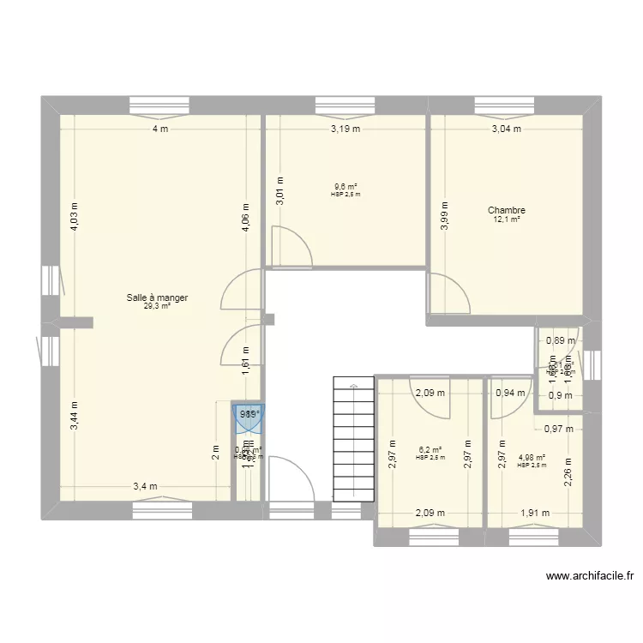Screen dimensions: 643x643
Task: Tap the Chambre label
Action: pyautogui.click(x=506, y=210)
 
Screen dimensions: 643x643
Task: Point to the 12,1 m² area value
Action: pyautogui.click(x=506, y=219)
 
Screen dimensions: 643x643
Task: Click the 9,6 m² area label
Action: pyautogui.click(x=346, y=187)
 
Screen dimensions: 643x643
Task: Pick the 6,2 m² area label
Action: pyautogui.click(x=430, y=449)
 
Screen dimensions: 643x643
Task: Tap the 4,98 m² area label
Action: pyautogui.click(x=532, y=457)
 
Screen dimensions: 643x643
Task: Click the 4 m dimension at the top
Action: pyautogui.click(x=159, y=129)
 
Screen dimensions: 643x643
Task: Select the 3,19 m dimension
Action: pyautogui.click(x=346, y=129)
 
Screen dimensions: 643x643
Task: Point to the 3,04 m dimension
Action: pyautogui.click(x=505, y=129)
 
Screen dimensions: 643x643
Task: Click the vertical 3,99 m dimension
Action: pyautogui.click(x=444, y=215)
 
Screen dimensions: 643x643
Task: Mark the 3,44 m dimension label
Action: pyautogui.click(x=75, y=415)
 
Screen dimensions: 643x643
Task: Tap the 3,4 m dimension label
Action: pyautogui.click(x=145, y=487)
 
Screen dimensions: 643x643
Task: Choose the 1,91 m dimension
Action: pyautogui.click(x=535, y=514)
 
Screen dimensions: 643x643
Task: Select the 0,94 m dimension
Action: pyautogui.click(x=510, y=394)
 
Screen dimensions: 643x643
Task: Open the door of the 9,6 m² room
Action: pyautogui.click(x=291, y=249)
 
